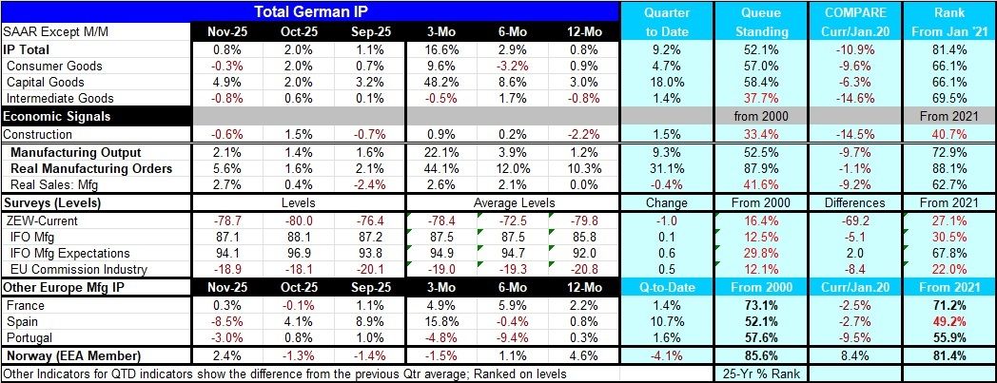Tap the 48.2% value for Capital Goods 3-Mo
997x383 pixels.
pyautogui.click(x=438, y=82)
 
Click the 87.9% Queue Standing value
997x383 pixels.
pyautogui.click(x=762, y=169)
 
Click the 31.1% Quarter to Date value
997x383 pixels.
pyautogui.click(x=667, y=169)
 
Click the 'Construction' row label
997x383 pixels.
pyautogui.click(x=45, y=133)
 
